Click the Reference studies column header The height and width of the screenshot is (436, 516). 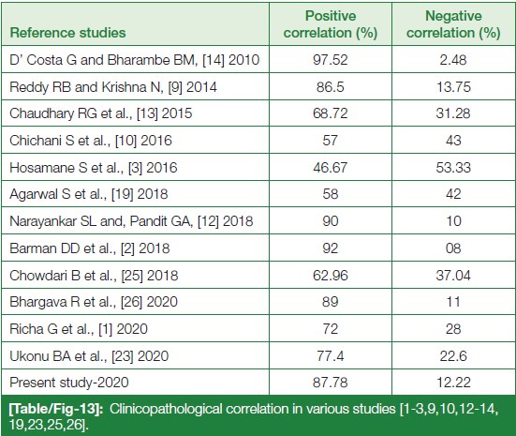click(67, 33)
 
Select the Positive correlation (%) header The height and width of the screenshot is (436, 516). click(331, 24)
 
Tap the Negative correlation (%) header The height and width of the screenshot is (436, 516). click(453, 24)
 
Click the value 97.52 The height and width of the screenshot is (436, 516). click(331, 60)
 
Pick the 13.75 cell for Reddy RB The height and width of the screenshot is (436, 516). click(453, 86)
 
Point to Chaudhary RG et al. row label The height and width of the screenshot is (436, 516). click(101, 113)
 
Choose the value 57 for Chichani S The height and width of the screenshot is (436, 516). click(330, 141)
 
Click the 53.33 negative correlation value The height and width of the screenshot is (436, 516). click(453, 168)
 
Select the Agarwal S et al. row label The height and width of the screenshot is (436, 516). click(89, 194)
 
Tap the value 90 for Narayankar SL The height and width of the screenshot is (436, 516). click(331, 220)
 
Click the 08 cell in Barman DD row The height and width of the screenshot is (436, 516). click(453, 248)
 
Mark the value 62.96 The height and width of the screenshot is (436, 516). click(331, 275)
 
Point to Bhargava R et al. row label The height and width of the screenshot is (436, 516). click(94, 302)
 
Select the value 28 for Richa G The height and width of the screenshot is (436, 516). click(453, 329)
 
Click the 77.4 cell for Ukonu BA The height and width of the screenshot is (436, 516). click(331, 356)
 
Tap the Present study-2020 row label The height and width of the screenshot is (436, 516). click(69, 383)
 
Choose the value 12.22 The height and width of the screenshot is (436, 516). click(453, 383)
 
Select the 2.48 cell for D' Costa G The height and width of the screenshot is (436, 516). click(453, 60)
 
